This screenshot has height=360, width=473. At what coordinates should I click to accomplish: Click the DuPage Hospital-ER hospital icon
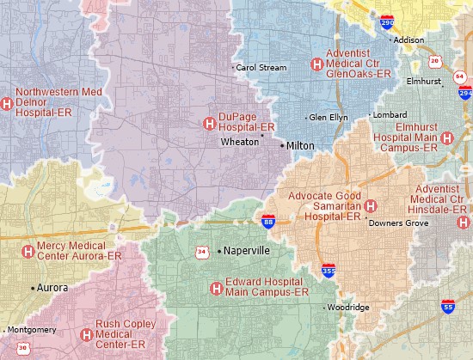tap(208, 124)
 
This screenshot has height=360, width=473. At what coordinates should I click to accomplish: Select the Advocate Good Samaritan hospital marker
tap(371, 206)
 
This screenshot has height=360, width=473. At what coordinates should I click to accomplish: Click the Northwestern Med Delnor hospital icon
tap(6, 104)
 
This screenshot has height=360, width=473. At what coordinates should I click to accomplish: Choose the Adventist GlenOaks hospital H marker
tap(316, 64)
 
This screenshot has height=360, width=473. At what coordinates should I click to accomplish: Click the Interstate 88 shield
tap(269, 223)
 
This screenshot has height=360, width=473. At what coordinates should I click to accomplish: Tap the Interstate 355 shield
tap(329, 271)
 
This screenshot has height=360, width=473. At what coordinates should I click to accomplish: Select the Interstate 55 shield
tap(448, 305)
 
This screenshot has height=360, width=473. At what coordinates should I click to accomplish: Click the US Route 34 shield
tap(201, 252)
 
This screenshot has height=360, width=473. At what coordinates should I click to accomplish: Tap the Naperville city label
tap(246, 252)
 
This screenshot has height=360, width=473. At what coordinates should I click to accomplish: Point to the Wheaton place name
tap(239, 143)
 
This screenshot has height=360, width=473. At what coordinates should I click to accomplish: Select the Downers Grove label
tap(397, 223)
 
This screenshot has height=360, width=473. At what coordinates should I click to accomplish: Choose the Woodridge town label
tap(347, 308)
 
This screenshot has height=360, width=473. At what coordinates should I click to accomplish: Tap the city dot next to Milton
tap(281, 146)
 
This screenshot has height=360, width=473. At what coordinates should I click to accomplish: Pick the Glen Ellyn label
tap(329, 117)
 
